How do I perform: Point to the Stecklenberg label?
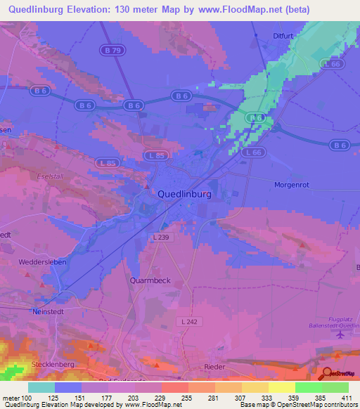pyautogui.click(x=53, y=365)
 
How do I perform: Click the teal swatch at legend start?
pyautogui.click(x=41, y=387)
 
